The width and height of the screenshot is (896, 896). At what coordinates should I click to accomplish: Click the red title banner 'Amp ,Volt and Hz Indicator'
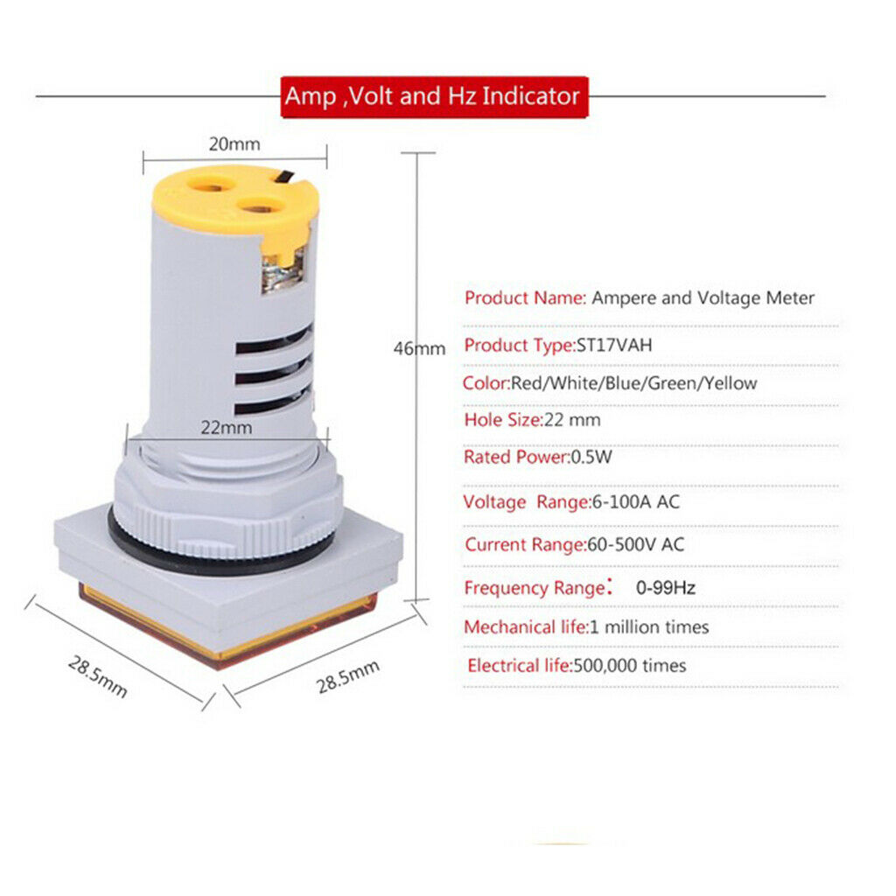click(x=434, y=96)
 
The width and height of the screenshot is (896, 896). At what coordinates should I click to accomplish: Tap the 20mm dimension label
click(x=234, y=144)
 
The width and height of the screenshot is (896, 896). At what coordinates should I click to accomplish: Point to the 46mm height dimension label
click(x=419, y=348)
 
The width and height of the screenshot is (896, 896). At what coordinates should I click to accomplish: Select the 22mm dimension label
click(x=227, y=427)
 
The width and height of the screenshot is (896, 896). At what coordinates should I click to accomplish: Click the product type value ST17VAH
click(x=614, y=345)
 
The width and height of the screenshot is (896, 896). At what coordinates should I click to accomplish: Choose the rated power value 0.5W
click(x=591, y=457)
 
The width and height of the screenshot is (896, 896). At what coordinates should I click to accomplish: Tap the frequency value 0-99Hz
click(x=666, y=587)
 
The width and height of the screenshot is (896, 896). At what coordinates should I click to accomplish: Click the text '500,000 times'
click(x=630, y=666)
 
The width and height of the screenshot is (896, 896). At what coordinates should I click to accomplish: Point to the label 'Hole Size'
click(x=501, y=420)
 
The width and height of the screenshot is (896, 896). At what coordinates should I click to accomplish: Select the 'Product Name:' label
click(x=526, y=297)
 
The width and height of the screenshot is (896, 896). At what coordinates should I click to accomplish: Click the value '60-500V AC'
click(x=635, y=544)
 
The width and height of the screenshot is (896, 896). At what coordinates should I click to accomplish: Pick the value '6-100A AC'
click(x=636, y=502)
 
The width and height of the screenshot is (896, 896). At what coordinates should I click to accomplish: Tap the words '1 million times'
click(x=649, y=627)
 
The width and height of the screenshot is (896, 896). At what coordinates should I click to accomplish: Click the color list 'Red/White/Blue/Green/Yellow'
click(x=633, y=383)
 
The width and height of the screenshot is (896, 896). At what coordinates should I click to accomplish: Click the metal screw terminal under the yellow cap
click(x=283, y=274)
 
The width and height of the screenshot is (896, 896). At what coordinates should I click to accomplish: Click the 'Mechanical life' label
click(x=525, y=627)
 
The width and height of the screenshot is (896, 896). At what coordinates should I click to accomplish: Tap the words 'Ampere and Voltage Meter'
click(x=703, y=298)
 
